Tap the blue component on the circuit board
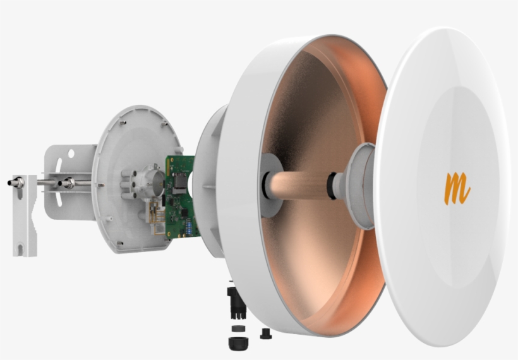[186, 225]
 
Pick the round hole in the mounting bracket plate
[71, 153]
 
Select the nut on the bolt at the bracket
[66, 184]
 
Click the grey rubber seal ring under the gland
[239, 328]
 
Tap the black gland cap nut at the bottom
[239, 342]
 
